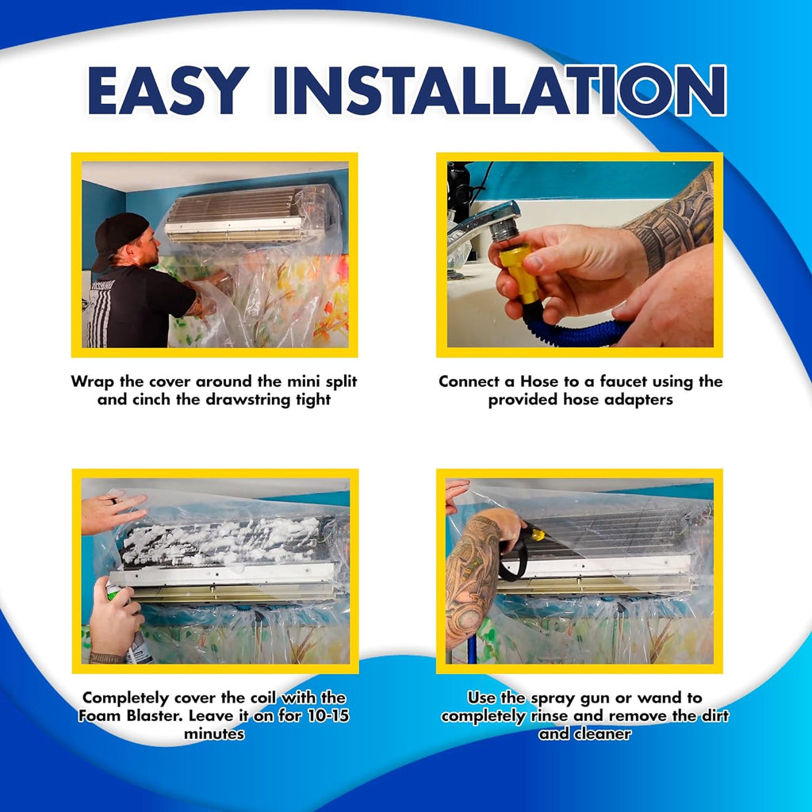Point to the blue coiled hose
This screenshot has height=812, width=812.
coord(579,332)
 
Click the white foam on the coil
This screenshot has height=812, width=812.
coord(222,539)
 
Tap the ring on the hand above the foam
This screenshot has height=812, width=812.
coord(114,502)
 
